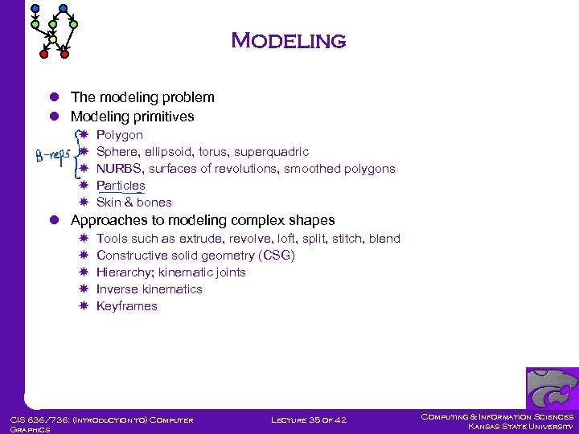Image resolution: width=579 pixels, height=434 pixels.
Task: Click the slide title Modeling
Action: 288,40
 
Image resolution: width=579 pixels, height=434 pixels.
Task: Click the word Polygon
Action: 120,135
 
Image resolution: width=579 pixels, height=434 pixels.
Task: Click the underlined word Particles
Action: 121,186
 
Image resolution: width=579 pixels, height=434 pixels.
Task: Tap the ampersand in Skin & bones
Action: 128,203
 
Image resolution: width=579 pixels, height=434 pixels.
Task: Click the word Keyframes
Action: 127,306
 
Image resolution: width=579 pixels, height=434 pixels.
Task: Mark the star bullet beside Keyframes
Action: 84,306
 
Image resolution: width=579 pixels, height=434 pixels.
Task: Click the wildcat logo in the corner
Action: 552,388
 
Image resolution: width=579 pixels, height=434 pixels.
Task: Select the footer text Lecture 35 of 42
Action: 308,419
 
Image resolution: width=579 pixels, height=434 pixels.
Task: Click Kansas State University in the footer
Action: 520,427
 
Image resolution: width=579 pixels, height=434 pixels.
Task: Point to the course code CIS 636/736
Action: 38,419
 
